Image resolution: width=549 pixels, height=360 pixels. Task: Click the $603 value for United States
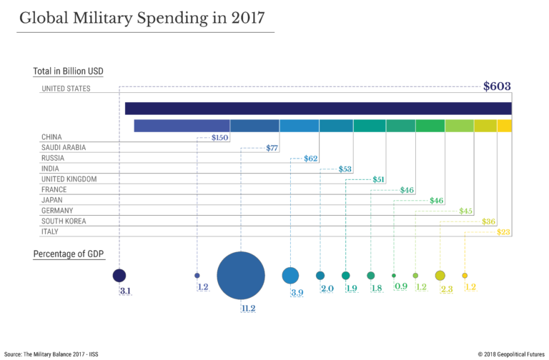[x=497, y=87]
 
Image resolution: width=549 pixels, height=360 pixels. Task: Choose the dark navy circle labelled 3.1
[x=119, y=275]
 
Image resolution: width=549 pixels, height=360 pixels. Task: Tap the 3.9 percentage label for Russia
[x=296, y=293]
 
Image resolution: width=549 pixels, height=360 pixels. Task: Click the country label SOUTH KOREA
[x=64, y=221]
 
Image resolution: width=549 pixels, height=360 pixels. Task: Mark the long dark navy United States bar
[x=318, y=109]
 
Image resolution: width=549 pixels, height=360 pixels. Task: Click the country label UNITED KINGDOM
[x=69, y=179]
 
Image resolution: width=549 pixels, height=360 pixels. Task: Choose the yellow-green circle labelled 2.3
[x=440, y=276]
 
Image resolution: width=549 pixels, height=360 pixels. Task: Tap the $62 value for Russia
[x=310, y=159]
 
